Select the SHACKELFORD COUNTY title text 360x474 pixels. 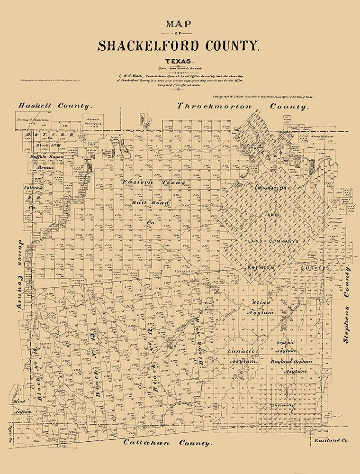pyautogui.click(x=179, y=46)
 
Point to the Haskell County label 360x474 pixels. pyautogui.click(x=55, y=106)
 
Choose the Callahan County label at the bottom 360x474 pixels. pyautogui.click(x=167, y=443)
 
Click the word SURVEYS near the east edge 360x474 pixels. pyautogui.click(x=315, y=268)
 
